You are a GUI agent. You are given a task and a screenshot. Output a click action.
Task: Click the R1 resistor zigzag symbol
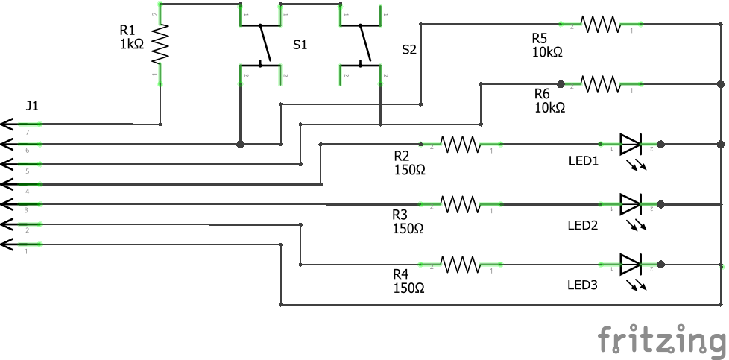160,45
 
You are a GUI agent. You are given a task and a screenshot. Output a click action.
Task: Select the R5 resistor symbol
601,25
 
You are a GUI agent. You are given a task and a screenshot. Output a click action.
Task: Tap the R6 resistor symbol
601,83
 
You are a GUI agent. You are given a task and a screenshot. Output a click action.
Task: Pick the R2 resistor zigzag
460,144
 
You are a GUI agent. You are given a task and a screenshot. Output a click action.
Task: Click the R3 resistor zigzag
460,203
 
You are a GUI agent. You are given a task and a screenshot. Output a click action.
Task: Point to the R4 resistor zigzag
460,263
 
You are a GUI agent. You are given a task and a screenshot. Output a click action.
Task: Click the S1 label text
300,45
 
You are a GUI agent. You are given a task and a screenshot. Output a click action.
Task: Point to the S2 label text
409,50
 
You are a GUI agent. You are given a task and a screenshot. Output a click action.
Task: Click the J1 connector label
32,106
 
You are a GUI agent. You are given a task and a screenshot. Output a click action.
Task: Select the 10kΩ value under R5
547,53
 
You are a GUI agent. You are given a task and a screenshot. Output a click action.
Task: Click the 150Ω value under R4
408,288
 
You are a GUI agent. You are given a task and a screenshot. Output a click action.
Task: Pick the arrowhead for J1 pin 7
7,124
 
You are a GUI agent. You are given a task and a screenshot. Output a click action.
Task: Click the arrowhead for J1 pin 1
7,244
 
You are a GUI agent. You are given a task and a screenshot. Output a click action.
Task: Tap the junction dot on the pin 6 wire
240,144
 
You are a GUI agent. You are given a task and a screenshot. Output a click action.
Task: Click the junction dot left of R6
561,83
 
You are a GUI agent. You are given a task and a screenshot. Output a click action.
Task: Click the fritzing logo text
661,340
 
